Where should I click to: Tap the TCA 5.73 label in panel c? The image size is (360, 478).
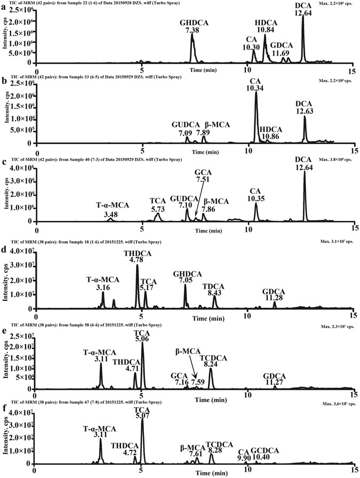[157, 205]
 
